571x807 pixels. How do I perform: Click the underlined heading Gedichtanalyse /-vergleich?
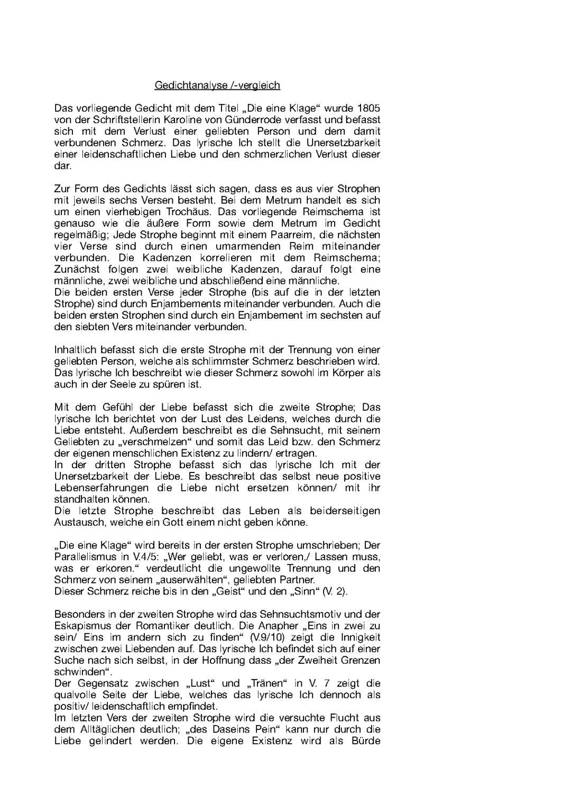click(x=217, y=85)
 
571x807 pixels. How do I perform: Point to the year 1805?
click(x=368, y=108)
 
